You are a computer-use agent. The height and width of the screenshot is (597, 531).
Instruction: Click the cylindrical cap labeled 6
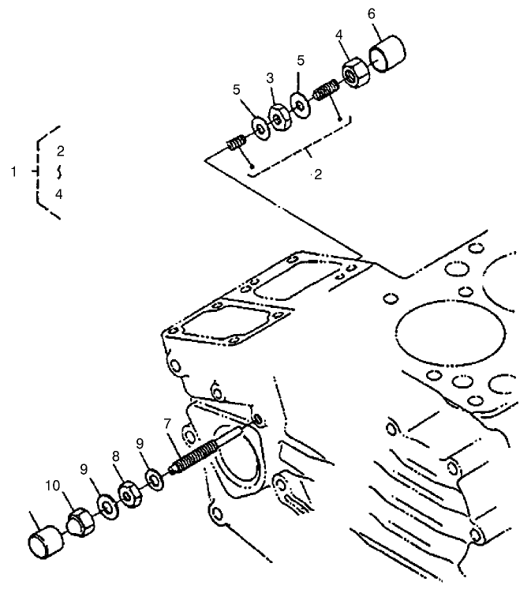[391, 54]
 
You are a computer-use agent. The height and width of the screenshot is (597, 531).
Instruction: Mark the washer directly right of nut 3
[299, 105]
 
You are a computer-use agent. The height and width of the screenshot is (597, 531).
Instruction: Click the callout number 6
[372, 14]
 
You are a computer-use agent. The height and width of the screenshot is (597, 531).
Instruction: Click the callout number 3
[270, 78]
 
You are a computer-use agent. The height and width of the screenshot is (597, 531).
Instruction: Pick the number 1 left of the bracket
[13, 171]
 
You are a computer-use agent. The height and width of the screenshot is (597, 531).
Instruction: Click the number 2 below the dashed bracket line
[317, 175]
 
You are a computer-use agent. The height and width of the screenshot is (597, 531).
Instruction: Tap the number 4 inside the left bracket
[59, 193]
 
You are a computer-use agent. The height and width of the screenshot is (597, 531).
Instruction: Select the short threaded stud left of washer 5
[235, 144]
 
